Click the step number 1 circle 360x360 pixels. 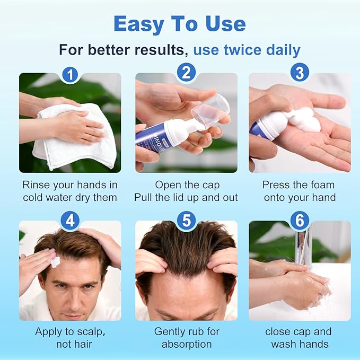point(70,73)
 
